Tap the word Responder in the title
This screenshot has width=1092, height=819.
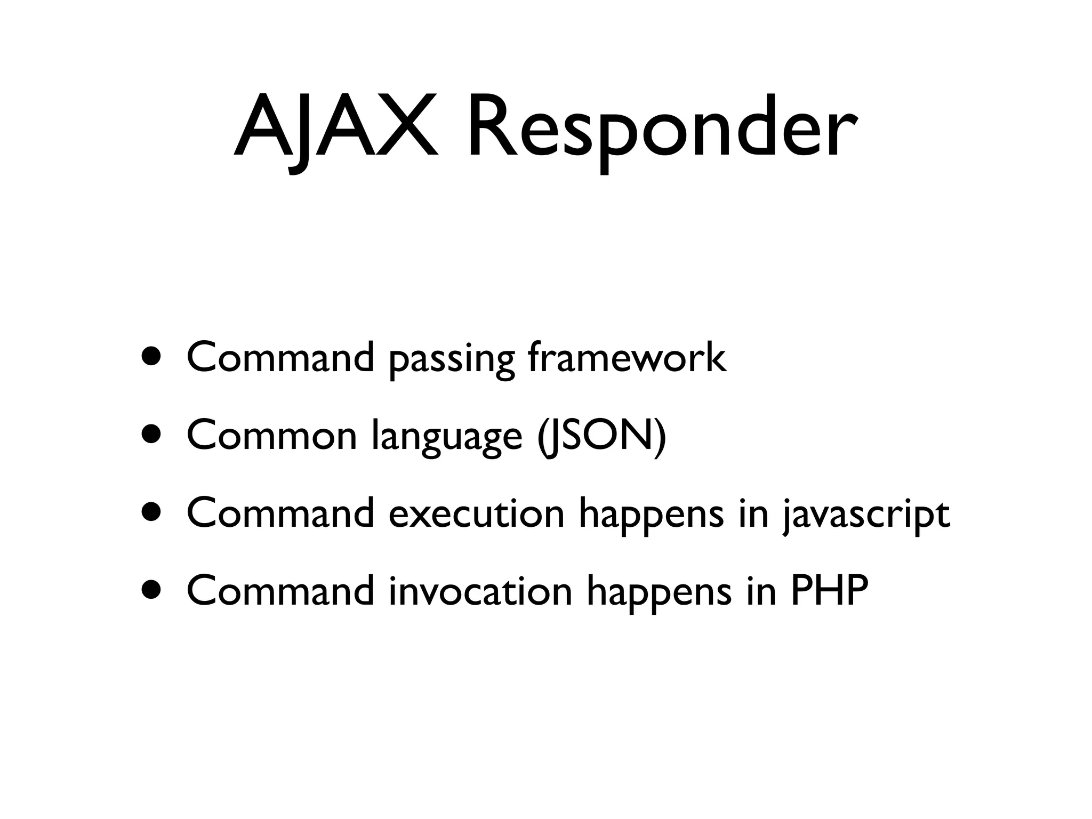(x=662, y=128)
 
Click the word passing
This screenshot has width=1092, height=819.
(x=452, y=359)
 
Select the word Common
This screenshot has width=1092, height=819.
(x=271, y=435)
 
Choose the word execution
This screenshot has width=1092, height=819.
(x=476, y=513)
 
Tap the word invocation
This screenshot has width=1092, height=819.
(x=480, y=591)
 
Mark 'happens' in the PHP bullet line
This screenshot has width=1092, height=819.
(x=659, y=593)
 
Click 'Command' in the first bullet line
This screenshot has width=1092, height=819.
(x=280, y=357)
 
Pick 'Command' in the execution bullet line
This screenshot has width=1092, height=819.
(x=280, y=513)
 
